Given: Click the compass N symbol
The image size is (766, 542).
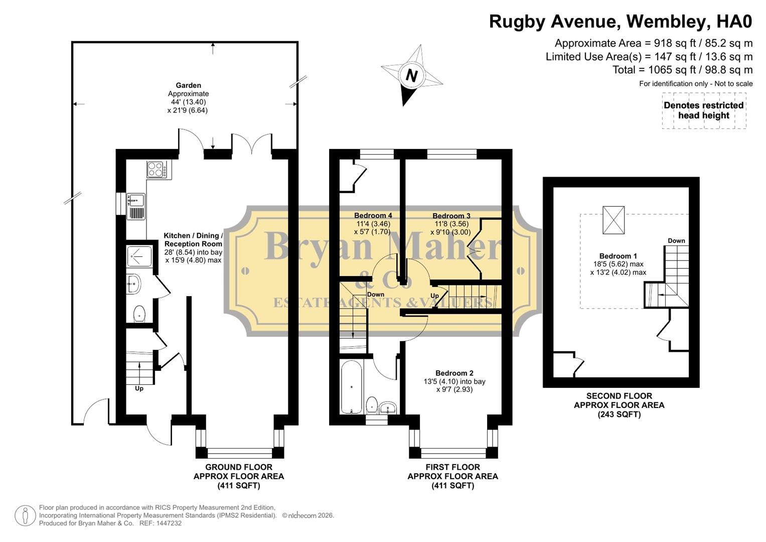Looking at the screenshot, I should tap(411, 76).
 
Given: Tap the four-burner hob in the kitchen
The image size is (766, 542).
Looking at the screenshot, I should tap(157, 169).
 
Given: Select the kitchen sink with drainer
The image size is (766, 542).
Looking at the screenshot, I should tap(135, 206).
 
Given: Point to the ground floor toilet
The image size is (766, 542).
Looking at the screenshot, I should tap(139, 314).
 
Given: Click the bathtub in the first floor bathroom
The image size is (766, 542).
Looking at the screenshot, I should tap(351, 387).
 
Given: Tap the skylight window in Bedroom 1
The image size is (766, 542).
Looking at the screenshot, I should tap(613, 220).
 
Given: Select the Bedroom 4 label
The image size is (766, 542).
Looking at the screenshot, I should tap(374, 216).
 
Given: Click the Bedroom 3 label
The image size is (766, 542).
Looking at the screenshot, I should tap(451, 216).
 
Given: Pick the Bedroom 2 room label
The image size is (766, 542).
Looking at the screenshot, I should tap(454, 373).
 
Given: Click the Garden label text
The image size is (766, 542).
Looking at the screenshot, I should tap(188, 86).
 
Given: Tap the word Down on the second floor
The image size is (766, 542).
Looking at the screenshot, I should tap(676, 241).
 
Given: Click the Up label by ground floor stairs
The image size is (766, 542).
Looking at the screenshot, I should tap(139, 388).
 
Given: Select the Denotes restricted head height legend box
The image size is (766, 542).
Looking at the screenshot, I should tap(703, 110).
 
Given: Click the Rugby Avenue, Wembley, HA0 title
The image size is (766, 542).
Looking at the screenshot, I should tap(621, 22).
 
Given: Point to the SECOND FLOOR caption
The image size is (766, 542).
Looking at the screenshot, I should tap(619, 396).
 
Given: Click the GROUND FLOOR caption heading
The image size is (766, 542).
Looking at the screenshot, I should tap(239, 467).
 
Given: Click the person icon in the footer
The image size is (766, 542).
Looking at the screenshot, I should tap(25, 515).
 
